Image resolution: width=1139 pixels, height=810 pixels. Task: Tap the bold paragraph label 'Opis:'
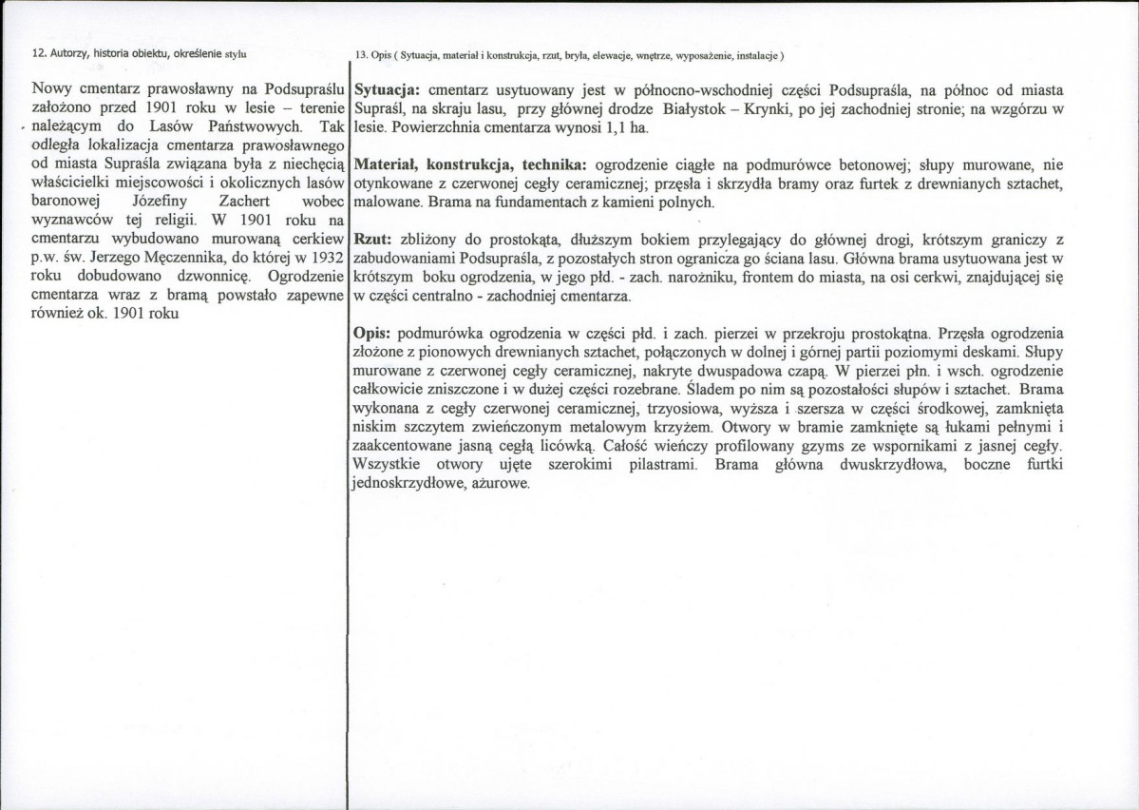(373, 334)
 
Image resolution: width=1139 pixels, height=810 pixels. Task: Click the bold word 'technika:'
(547, 164)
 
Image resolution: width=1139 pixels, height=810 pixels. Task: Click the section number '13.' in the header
(362, 54)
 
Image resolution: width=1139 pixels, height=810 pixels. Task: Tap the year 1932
(320, 258)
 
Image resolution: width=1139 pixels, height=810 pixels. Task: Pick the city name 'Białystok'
(698, 109)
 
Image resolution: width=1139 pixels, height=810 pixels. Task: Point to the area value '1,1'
(617, 127)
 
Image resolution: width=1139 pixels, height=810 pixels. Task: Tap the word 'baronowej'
(68, 202)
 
